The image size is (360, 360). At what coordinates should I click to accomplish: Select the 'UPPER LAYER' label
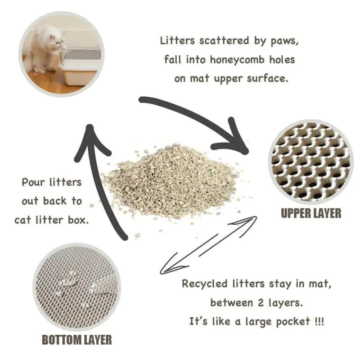point(311,213)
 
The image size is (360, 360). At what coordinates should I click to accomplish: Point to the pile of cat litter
point(171,180)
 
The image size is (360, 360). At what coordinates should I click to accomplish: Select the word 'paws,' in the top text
point(283,41)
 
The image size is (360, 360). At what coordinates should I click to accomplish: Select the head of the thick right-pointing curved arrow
point(234,139)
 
